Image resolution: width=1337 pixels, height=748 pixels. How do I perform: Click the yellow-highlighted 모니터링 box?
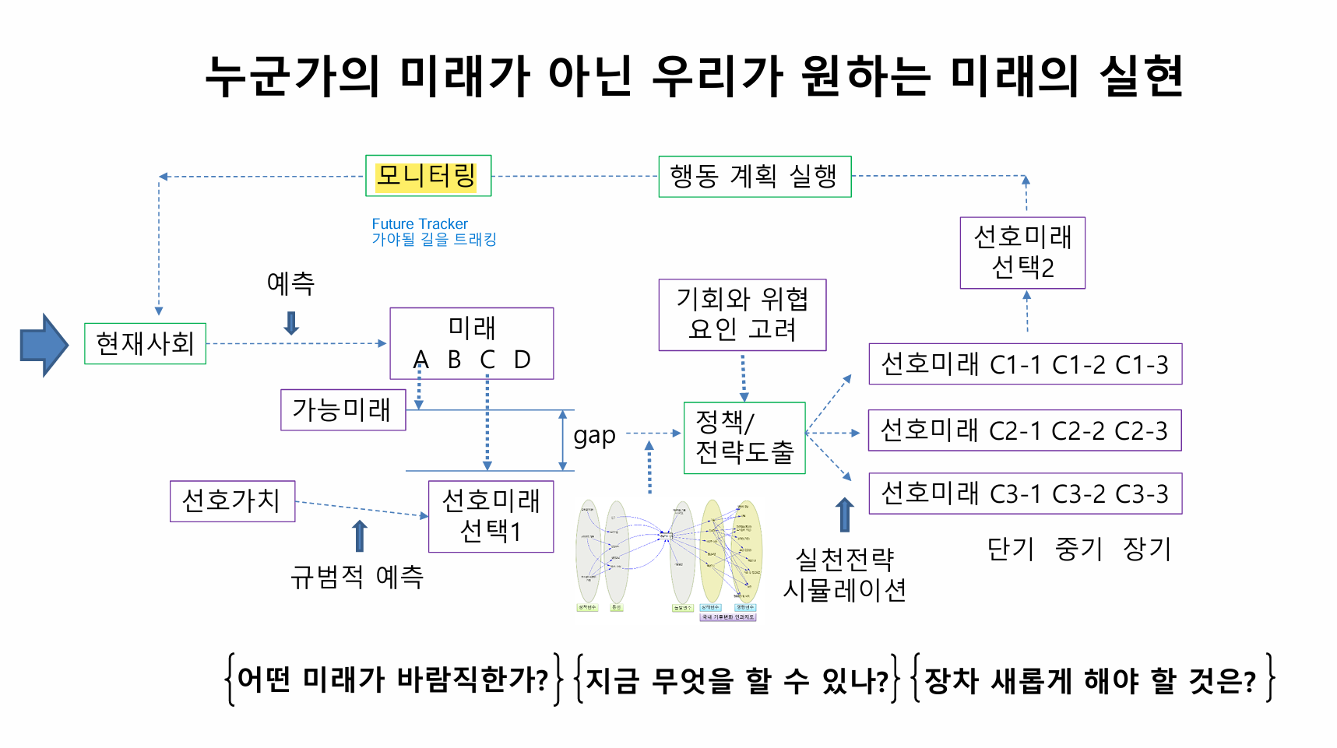[428, 176]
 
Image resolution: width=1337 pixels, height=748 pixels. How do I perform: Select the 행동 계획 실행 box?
[754, 177]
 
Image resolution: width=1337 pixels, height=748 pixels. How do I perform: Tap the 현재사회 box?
[145, 343]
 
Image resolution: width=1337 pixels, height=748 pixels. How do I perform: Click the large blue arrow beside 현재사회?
[44, 345]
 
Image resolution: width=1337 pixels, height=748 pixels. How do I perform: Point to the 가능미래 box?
[343, 409]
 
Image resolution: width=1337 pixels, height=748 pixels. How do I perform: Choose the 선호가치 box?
[232, 500]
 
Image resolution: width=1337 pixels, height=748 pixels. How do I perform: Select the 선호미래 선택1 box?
[491, 516]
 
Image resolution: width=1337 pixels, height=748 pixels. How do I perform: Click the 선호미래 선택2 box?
[1022, 252]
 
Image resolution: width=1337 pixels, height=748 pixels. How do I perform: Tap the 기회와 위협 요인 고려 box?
[741, 314]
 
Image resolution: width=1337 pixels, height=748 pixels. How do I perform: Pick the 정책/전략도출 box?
[744, 437]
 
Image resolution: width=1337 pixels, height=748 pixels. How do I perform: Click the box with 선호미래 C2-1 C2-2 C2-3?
[1024, 430]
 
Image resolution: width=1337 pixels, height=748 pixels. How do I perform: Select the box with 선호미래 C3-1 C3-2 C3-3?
[1025, 493]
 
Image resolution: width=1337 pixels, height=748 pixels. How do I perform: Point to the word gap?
[594, 436]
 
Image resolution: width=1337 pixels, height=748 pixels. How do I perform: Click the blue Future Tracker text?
[420, 224]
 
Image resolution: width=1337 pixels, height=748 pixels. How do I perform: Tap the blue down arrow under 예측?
[292, 322]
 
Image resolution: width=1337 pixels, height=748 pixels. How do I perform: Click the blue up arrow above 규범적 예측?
[359, 536]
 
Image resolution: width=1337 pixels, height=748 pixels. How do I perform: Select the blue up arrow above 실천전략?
[845, 514]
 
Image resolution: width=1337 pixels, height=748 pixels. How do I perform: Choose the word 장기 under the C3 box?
[1146, 550]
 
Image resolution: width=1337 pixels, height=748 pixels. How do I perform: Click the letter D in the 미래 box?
[522, 360]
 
